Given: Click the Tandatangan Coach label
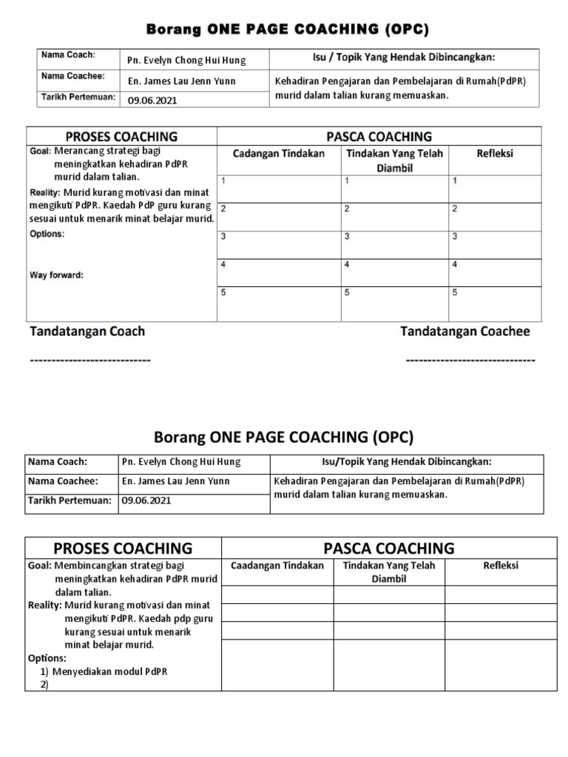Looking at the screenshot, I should click(x=87, y=332).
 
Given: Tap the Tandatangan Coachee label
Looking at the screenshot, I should click(x=465, y=332).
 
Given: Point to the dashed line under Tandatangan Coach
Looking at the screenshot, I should click(x=89, y=360).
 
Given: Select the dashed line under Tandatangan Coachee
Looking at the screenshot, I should click(x=470, y=360).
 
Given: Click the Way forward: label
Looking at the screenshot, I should click(x=56, y=275).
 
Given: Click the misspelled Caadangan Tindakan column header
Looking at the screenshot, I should click(x=277, y=566).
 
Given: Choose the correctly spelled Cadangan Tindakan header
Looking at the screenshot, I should click(x=279, y=154).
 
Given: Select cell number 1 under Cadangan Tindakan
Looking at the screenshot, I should click(x=278, y=188).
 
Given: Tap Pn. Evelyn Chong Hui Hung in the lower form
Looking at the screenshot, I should click(x=180, y=462).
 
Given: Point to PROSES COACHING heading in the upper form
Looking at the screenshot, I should click(x=122, y=137).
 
